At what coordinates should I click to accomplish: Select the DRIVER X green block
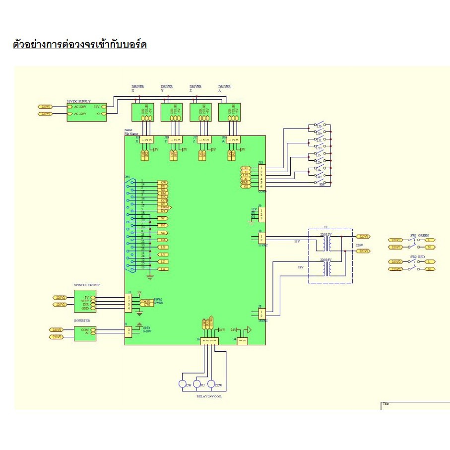pyautogui.click(x=142, y=112)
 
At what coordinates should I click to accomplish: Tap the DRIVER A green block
pyautogui.click(x=229, y=112)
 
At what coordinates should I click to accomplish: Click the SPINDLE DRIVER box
pyautogui.click(x=85, y=301)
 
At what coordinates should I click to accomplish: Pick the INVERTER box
pyautogui.click(x=85, y=332)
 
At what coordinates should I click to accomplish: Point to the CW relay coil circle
pyautogui.click(x=184, y=385)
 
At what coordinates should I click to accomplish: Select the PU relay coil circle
pyautogui.click(x=198, y=385)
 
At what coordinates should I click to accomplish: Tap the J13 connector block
pyautogui.click(x=261, y=177)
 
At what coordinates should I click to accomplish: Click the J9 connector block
pyautogui.click(x=261, y=214)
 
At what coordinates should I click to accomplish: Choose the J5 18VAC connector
pyautogui.click(x=261, y=314)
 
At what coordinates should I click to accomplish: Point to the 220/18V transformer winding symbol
pyautogui.click(x=325, y=268)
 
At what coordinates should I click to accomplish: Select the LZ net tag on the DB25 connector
pyautogui.click(x=163, y=261)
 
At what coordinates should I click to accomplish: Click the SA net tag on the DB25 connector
pyautogui.click(x=163, y=233)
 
